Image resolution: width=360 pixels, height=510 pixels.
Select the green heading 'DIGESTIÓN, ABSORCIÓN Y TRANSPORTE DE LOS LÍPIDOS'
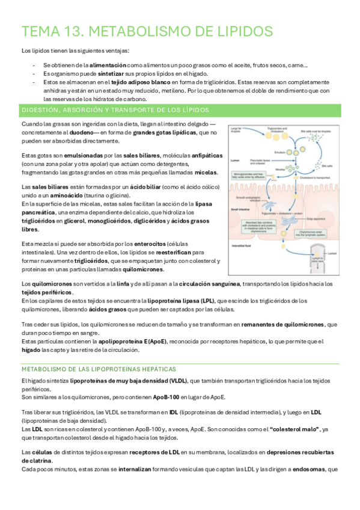115,110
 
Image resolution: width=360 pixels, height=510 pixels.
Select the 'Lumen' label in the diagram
234,161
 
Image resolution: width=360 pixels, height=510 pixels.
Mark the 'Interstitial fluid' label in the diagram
240,246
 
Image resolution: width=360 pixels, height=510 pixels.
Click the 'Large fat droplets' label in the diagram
235,131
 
